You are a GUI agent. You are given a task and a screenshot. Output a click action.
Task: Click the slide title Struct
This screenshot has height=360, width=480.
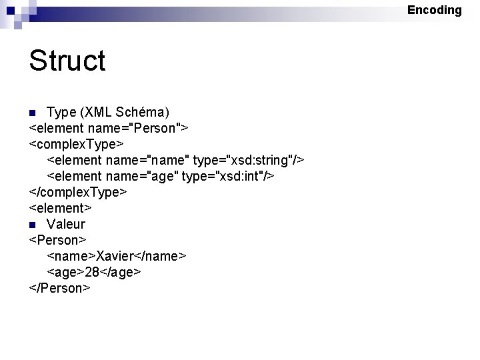[67, 61]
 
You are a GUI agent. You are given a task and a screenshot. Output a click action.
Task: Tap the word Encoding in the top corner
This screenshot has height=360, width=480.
[434, 10]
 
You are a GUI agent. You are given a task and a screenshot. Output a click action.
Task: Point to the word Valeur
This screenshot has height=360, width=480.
[66, 224]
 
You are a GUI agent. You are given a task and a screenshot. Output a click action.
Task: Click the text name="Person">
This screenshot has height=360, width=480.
[143, 127]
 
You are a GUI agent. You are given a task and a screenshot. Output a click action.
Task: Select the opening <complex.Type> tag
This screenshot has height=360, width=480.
[77, 143]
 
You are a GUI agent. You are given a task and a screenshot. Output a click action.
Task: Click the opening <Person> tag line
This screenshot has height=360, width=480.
[58, 240]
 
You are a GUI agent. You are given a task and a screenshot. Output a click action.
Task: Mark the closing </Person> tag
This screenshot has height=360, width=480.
[59, 288]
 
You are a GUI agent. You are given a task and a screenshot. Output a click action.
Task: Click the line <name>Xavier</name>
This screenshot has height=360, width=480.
[117, 256]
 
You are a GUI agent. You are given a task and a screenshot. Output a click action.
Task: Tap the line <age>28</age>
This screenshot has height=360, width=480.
[94, 272]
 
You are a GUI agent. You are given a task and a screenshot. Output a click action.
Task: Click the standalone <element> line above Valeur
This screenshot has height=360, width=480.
[60, 208]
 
